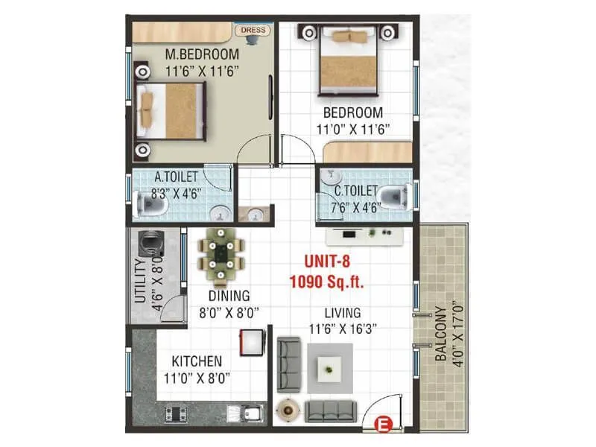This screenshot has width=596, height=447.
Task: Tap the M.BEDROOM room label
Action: (202, 54)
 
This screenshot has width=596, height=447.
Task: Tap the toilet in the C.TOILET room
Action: (393, 196)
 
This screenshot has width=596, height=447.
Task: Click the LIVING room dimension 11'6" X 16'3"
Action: (343, 327)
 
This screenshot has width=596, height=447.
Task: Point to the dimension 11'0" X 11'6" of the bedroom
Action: (352, 128)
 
